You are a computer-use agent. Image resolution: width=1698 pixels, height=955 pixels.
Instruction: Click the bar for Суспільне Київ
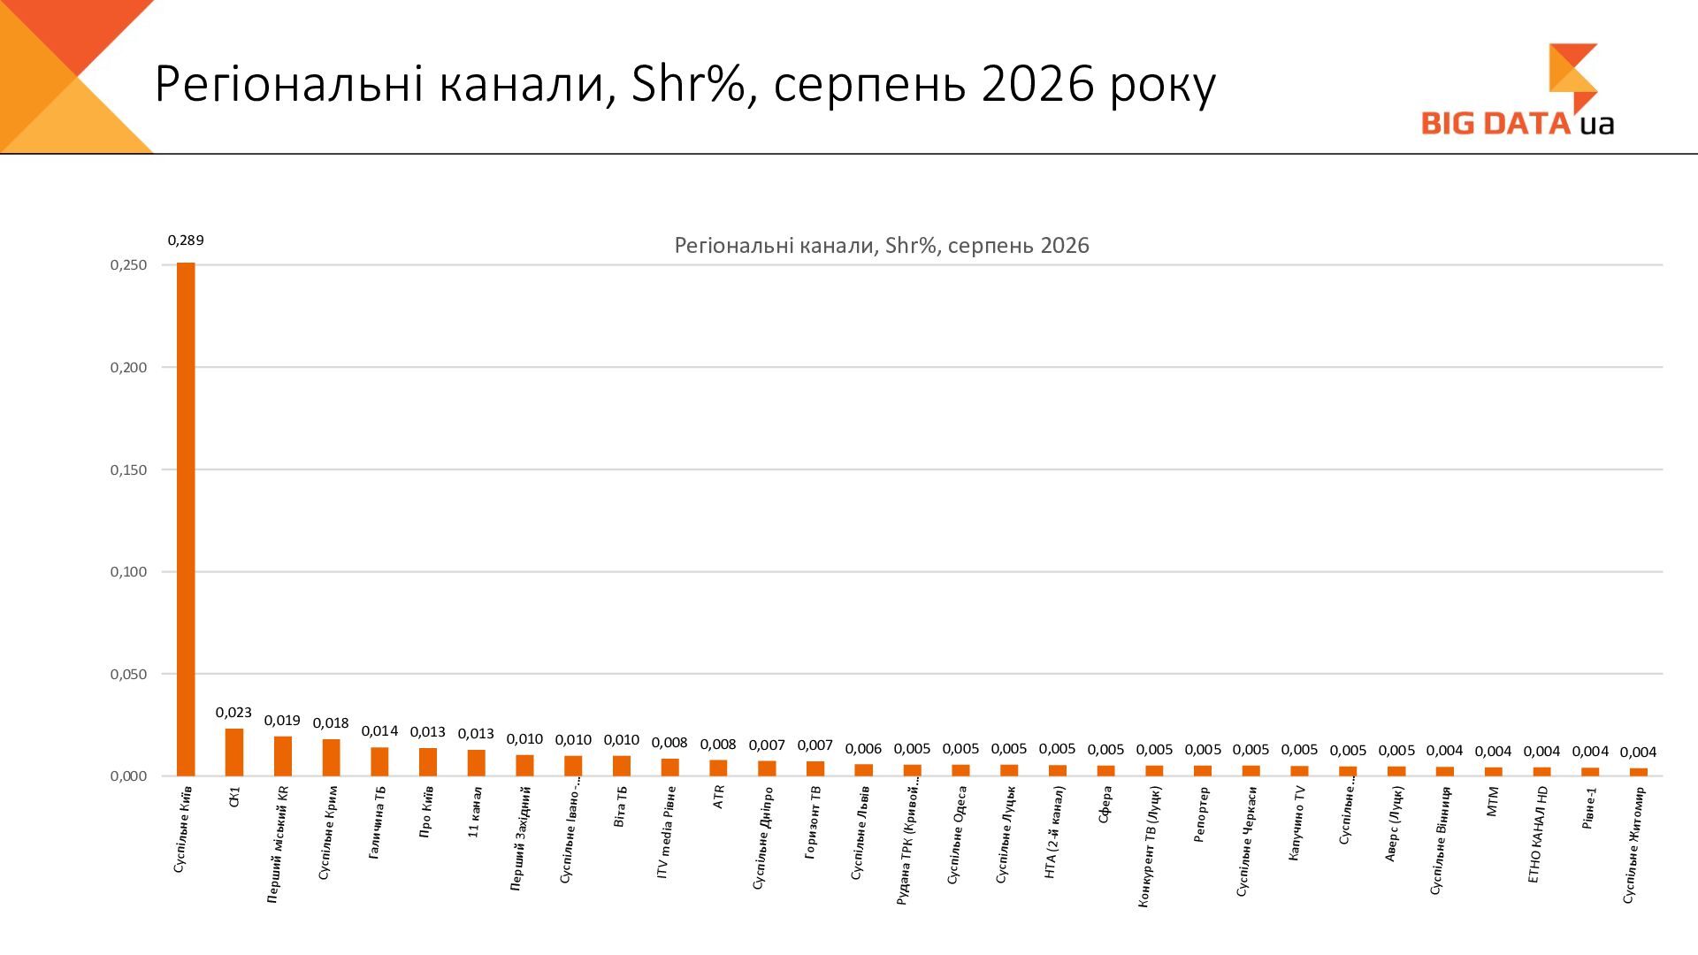(x=186, y=519)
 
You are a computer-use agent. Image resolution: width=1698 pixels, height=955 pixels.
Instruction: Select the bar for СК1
(x=234, y=753)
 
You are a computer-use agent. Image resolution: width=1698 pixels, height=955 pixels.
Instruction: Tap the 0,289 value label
(x=186, y=241)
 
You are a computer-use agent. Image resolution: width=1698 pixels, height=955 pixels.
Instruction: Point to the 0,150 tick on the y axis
(x=128, y=470)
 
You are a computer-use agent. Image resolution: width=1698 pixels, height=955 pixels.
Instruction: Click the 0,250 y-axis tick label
(x=128, y=265)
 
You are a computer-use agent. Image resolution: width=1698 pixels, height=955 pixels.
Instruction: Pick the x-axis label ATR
(x=718, y=797)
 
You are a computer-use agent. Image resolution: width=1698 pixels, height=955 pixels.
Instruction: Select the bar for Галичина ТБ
(x=379, y=762)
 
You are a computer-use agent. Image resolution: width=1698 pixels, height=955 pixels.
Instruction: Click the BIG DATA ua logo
(x=1518, y=91)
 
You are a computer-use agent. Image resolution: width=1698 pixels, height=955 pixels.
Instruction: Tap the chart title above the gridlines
(x=882, y=245)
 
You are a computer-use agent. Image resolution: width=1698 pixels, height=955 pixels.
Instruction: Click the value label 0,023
(x=234, y=713)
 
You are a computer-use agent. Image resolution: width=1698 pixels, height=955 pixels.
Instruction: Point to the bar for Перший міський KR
(x=283, y=756)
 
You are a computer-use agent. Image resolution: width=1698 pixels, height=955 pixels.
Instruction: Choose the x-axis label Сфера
(x=1105, y=805)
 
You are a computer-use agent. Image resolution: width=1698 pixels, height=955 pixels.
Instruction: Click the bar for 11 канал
(x=477, y=763)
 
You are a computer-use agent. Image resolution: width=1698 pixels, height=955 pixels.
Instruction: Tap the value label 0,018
(x=331, y=723)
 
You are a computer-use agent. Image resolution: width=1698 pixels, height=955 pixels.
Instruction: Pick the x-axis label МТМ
(x=1493, y=800)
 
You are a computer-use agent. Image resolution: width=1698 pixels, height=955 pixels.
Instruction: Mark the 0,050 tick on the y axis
(x=128, y=675)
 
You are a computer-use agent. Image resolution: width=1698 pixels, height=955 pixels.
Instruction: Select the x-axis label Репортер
(x=1202, y=814)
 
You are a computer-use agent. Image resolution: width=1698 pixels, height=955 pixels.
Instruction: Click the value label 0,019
(x=283, y=721)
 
